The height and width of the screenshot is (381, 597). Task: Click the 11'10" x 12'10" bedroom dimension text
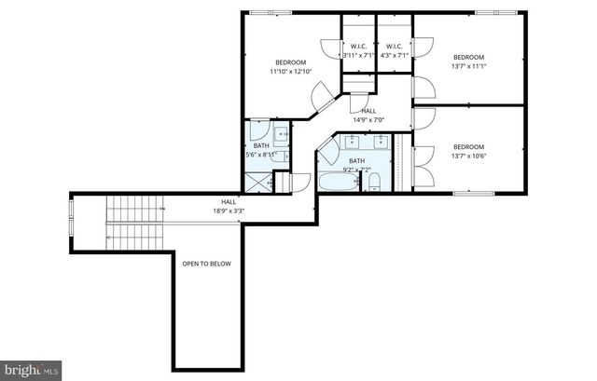[290, 72]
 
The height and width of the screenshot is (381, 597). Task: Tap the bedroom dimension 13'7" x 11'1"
[469, 66]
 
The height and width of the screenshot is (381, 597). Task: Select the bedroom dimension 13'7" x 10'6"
[469, 156]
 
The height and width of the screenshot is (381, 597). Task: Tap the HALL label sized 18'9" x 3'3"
[229, 211]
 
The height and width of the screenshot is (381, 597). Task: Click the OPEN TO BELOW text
[206, 264]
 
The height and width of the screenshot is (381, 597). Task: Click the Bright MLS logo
[31, 370]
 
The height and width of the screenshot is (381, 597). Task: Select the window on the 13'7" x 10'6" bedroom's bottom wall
[473, 194]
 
